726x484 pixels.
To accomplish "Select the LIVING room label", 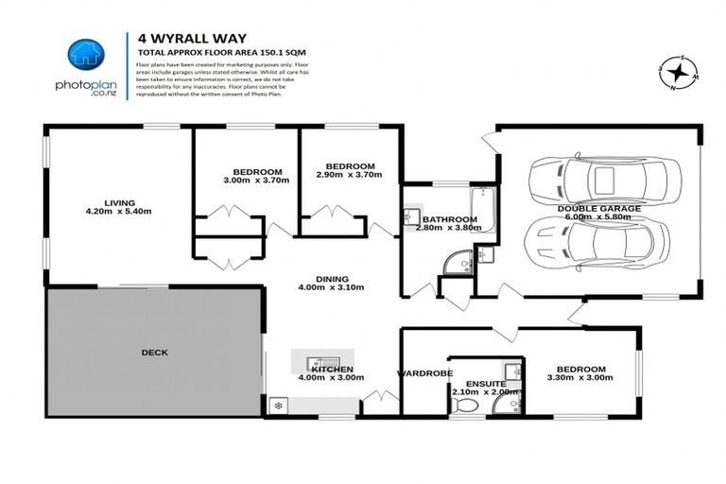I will click(120, 202).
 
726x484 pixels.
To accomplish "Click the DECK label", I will click(154, 353).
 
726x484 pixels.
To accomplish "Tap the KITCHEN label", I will click(332, 369).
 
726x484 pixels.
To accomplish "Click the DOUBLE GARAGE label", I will click(598, 208).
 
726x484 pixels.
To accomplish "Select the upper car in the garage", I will click(602, 177).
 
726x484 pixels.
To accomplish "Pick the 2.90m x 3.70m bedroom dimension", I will click(349, 174).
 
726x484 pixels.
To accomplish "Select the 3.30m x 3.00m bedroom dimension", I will click(580, 377).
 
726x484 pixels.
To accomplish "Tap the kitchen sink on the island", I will click(322, 360).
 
